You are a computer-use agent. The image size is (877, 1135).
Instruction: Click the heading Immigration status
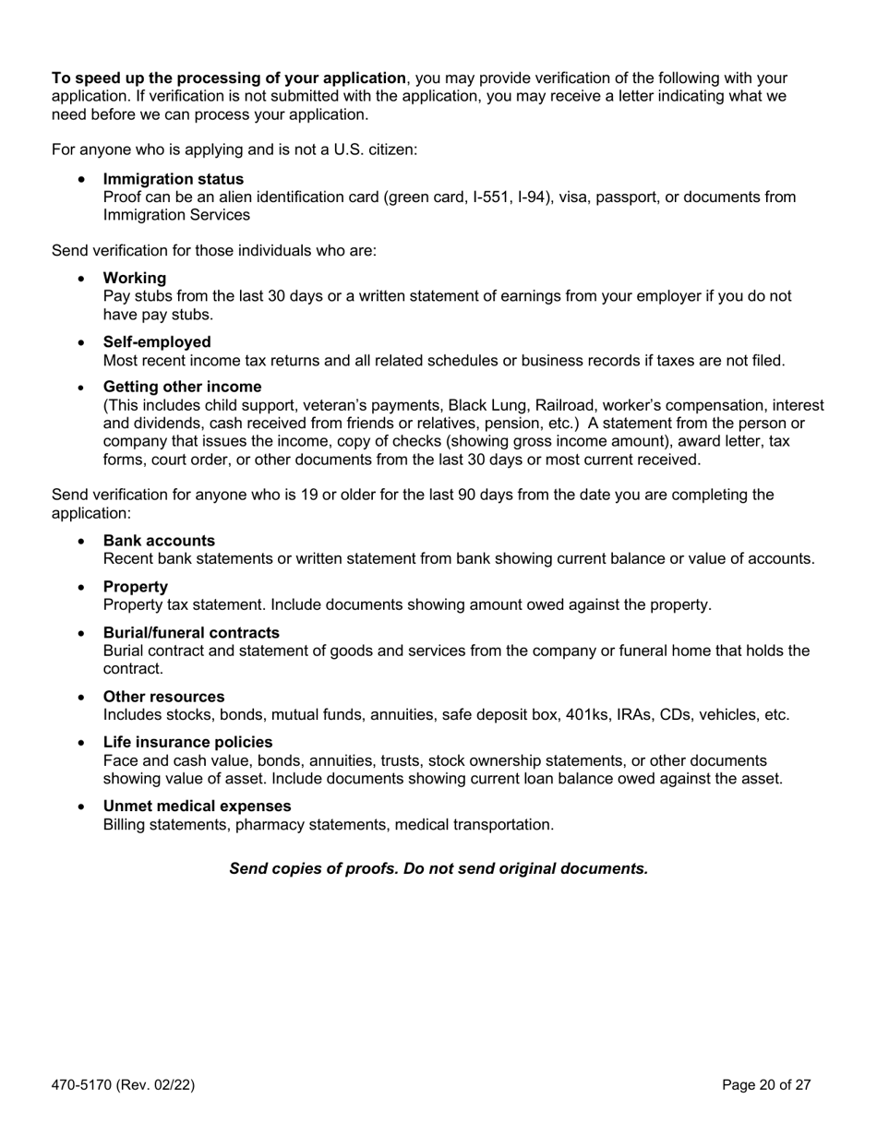(x=174, y=179)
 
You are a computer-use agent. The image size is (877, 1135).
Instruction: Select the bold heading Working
(x=135, y=278)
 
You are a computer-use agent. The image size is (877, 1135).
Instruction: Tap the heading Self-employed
(x=157, y=341)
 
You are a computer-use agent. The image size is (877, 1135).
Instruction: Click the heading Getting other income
(x=182, y=387)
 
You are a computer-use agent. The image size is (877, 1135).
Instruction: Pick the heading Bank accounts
(x=159, y=541)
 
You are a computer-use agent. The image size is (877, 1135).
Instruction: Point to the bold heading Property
(x=136, y=587)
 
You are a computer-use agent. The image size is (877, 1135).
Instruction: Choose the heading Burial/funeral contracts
(x=191, y=633)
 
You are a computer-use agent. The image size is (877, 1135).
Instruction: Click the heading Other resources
(x=163, y=697)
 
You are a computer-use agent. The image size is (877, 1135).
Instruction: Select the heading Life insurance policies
(x=187, y=742)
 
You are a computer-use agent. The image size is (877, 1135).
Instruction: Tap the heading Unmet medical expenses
(x=197, y=806)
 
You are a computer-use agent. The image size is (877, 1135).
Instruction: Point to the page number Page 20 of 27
(x=766, y=1085)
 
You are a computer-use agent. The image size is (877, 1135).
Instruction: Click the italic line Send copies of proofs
(x=438, y=868)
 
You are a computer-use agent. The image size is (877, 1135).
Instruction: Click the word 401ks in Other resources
(x=571, y=715)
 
